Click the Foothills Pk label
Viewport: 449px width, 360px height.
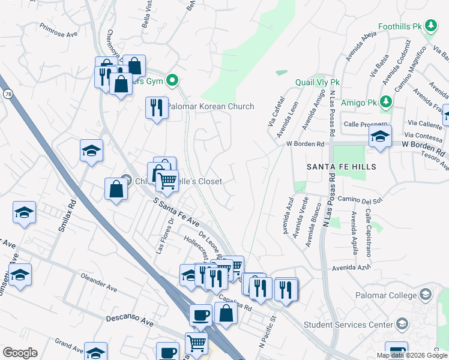pos(401,26)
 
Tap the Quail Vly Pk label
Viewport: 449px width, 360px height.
pos(318,82)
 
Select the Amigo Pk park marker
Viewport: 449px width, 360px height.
pos(385,103)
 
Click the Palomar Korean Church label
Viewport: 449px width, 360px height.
pos(210,107)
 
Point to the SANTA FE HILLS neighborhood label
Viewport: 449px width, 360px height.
pos(342,167)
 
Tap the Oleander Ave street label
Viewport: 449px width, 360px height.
pos(98,283)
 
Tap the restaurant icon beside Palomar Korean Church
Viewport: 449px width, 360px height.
pos(157,109)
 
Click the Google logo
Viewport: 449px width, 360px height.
pos(20,353)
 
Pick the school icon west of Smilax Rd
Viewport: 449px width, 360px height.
pos(24,213)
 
